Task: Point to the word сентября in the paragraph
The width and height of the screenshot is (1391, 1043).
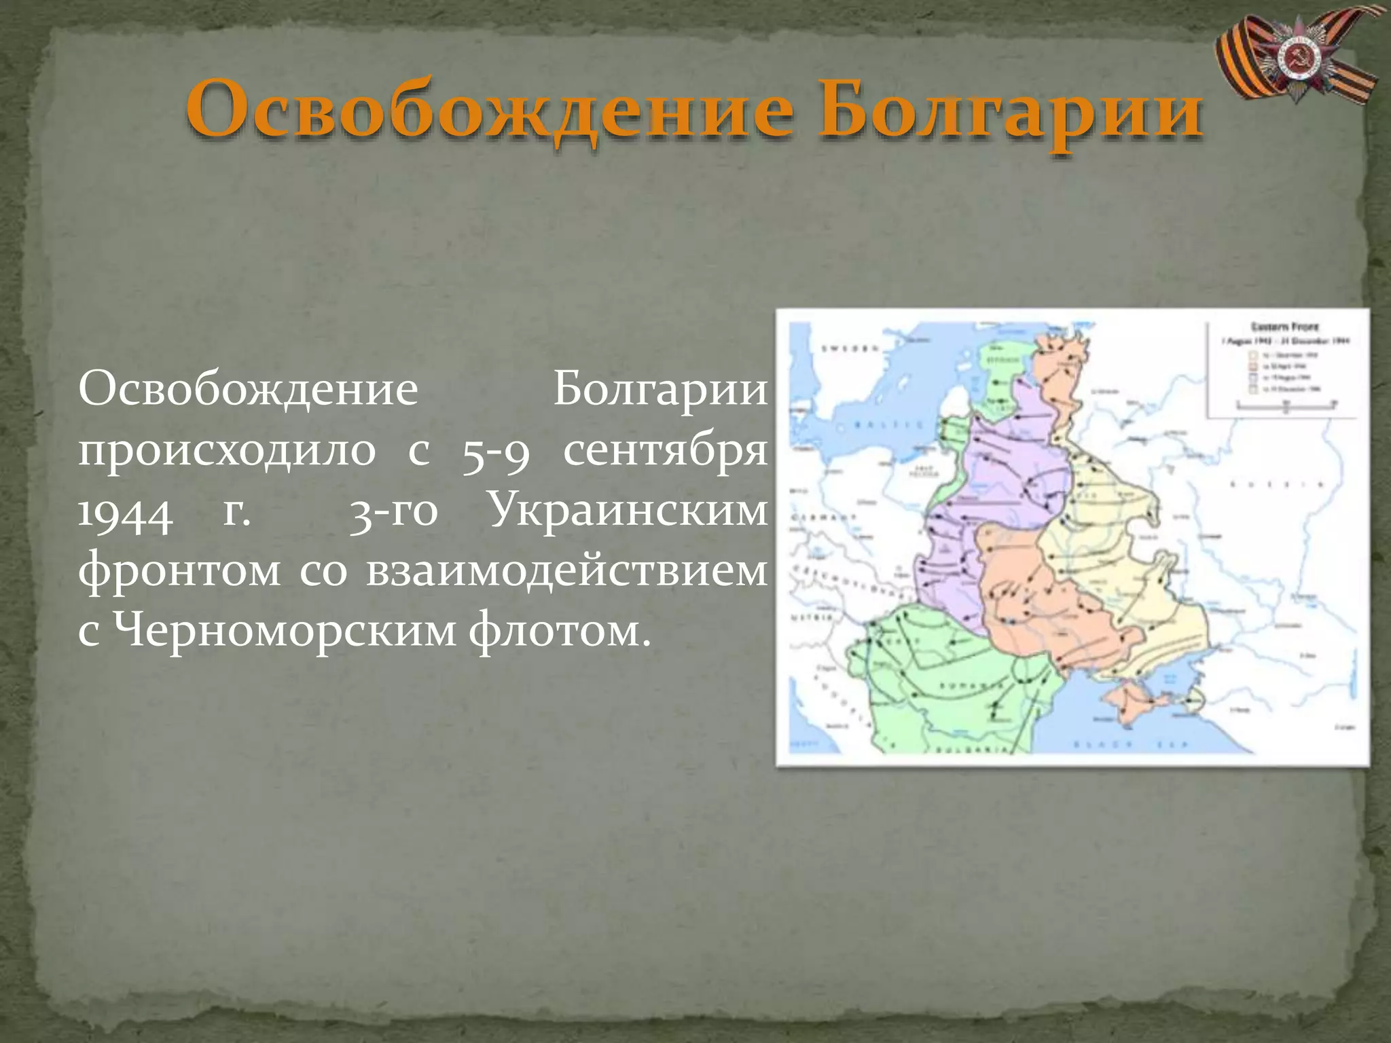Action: coord(665,451)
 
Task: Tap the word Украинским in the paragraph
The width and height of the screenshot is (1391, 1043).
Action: coord(628,511)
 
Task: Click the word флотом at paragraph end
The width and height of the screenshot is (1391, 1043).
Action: coord(554,632)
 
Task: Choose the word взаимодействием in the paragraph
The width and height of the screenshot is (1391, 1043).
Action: coord(566,571)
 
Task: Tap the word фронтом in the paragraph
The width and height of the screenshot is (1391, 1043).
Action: coord(179,571)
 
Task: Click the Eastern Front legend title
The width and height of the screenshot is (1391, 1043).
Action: coord(1284,327)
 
